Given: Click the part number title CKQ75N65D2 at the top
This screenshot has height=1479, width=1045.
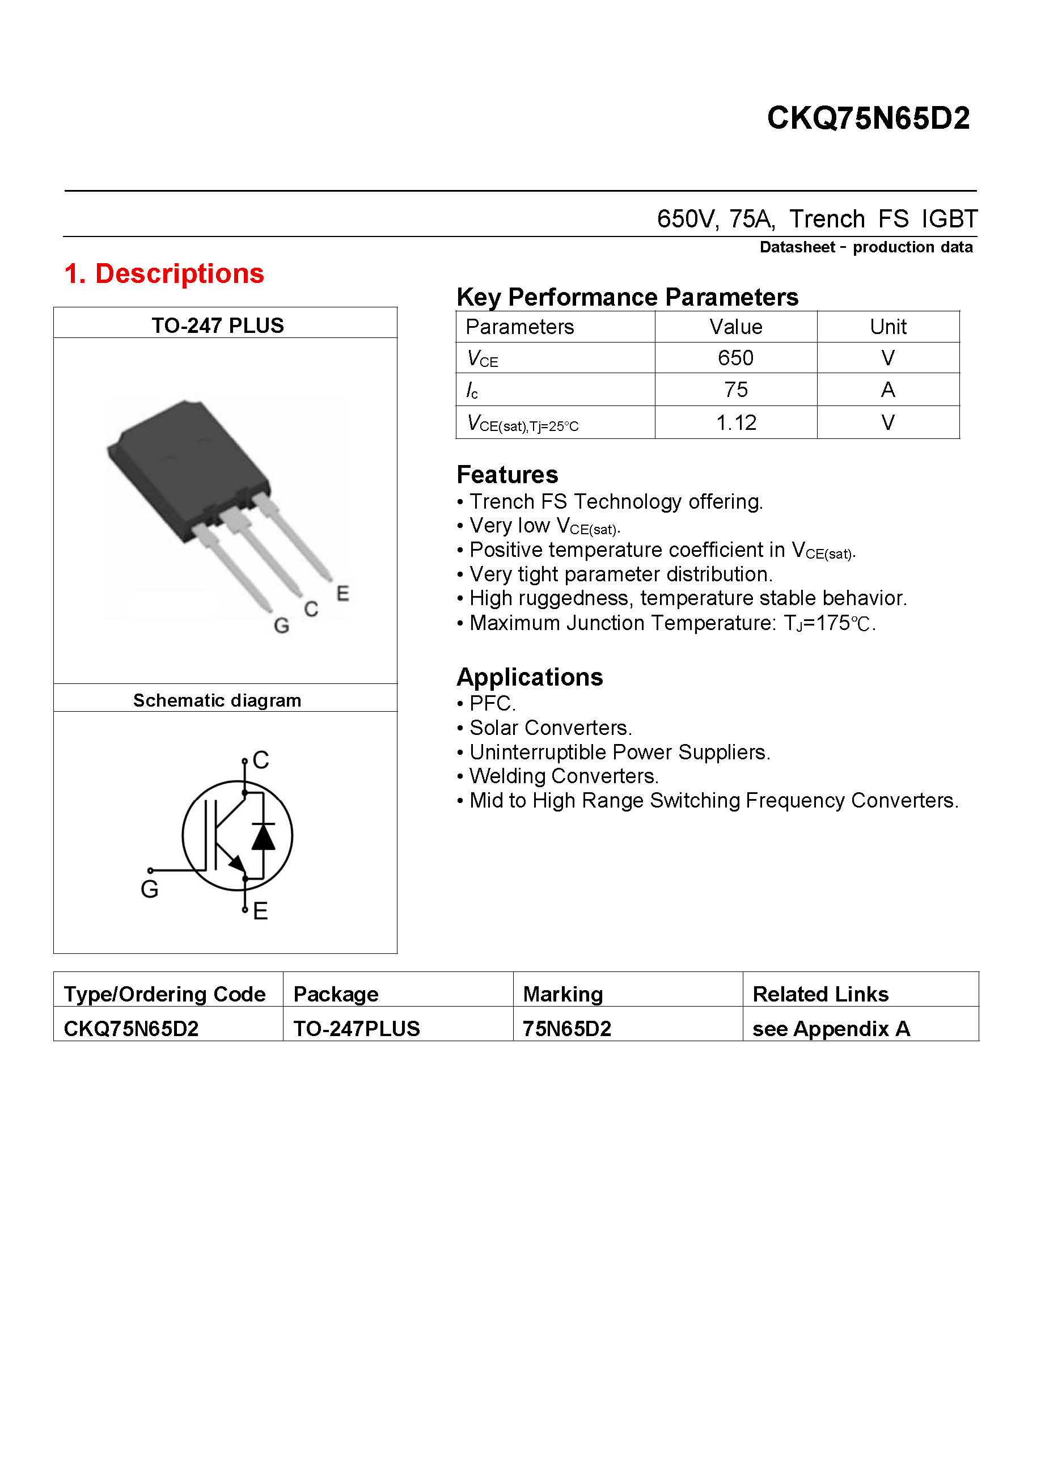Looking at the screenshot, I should point(868,119).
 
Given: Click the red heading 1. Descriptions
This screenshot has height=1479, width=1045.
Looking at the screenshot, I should point(164,274).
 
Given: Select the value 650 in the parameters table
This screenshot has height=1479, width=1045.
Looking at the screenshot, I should point(735,358).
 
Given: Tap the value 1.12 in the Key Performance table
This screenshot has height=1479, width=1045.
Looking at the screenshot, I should point(736,423).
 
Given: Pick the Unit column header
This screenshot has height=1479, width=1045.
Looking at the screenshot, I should point(888,327).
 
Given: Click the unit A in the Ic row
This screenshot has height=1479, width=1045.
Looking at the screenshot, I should point(888,390).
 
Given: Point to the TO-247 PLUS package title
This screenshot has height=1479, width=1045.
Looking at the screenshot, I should point(218,326).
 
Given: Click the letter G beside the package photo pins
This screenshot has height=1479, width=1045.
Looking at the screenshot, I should point(281,626).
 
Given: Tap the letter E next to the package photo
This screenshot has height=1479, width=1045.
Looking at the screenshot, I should point(342,593).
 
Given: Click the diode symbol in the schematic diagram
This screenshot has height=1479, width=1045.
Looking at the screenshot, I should point(263,837).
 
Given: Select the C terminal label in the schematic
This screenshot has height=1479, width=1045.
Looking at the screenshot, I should point(261,760).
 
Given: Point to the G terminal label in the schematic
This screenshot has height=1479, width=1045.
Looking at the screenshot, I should point(149,890).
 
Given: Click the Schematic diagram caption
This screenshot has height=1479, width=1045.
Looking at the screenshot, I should point(217,701).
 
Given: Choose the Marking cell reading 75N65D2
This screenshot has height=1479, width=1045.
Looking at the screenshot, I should point(566,1029).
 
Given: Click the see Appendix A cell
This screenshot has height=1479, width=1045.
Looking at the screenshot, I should point(831,1029).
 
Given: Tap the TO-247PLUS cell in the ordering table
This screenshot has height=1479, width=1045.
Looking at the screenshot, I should point(356,1029).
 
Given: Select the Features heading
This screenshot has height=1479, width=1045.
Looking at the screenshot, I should point(507,475).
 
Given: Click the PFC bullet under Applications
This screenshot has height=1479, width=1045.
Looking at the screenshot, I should point(493,703).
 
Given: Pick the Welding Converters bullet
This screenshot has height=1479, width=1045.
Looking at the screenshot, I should point(564,776).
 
